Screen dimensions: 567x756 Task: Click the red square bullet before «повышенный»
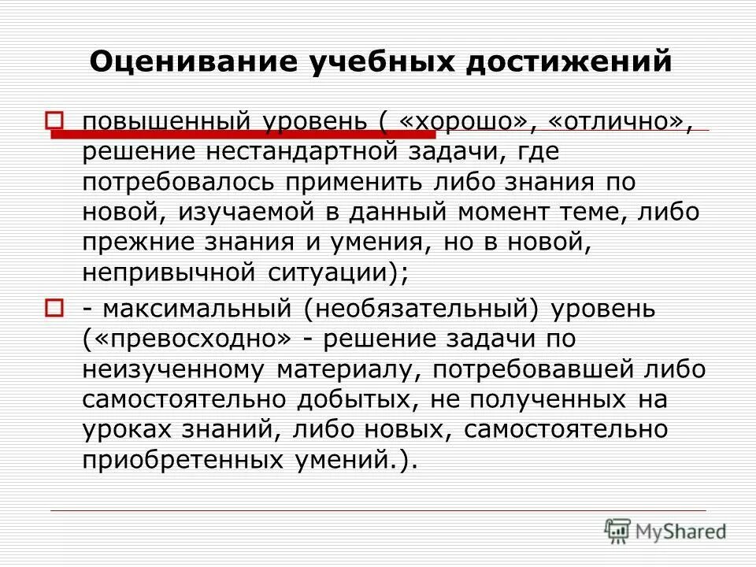(54, 120)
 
